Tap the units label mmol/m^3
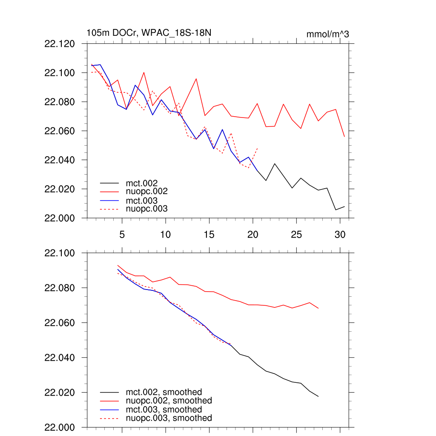pos(327,34)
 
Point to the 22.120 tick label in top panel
pos(60,44)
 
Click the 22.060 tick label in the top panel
pos(60,131)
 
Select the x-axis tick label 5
pos(122,235)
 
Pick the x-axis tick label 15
pos(209,235)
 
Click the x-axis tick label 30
pos(340,235)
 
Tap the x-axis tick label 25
pos(296,235)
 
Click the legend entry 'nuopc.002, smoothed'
pos(169,401)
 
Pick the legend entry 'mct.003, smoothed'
pos(164,410)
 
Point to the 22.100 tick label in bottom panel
pos(60,253)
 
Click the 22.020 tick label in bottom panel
pos(60,393)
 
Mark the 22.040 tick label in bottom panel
pos(60,358)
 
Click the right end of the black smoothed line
pos(318,396)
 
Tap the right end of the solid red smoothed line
pos(318,308)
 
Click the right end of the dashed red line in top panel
pos(258,148)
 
